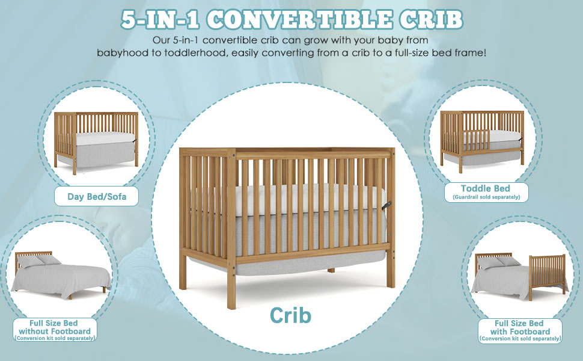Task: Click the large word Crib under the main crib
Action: [x=290, y=315]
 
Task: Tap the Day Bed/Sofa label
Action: [x=97, y=197]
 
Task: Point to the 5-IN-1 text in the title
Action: [x=160, y=20]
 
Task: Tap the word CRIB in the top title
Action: [x=431, y=20]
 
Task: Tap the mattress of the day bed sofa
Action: [x=105, y=139]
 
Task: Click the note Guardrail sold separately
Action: [x=486, y=197]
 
